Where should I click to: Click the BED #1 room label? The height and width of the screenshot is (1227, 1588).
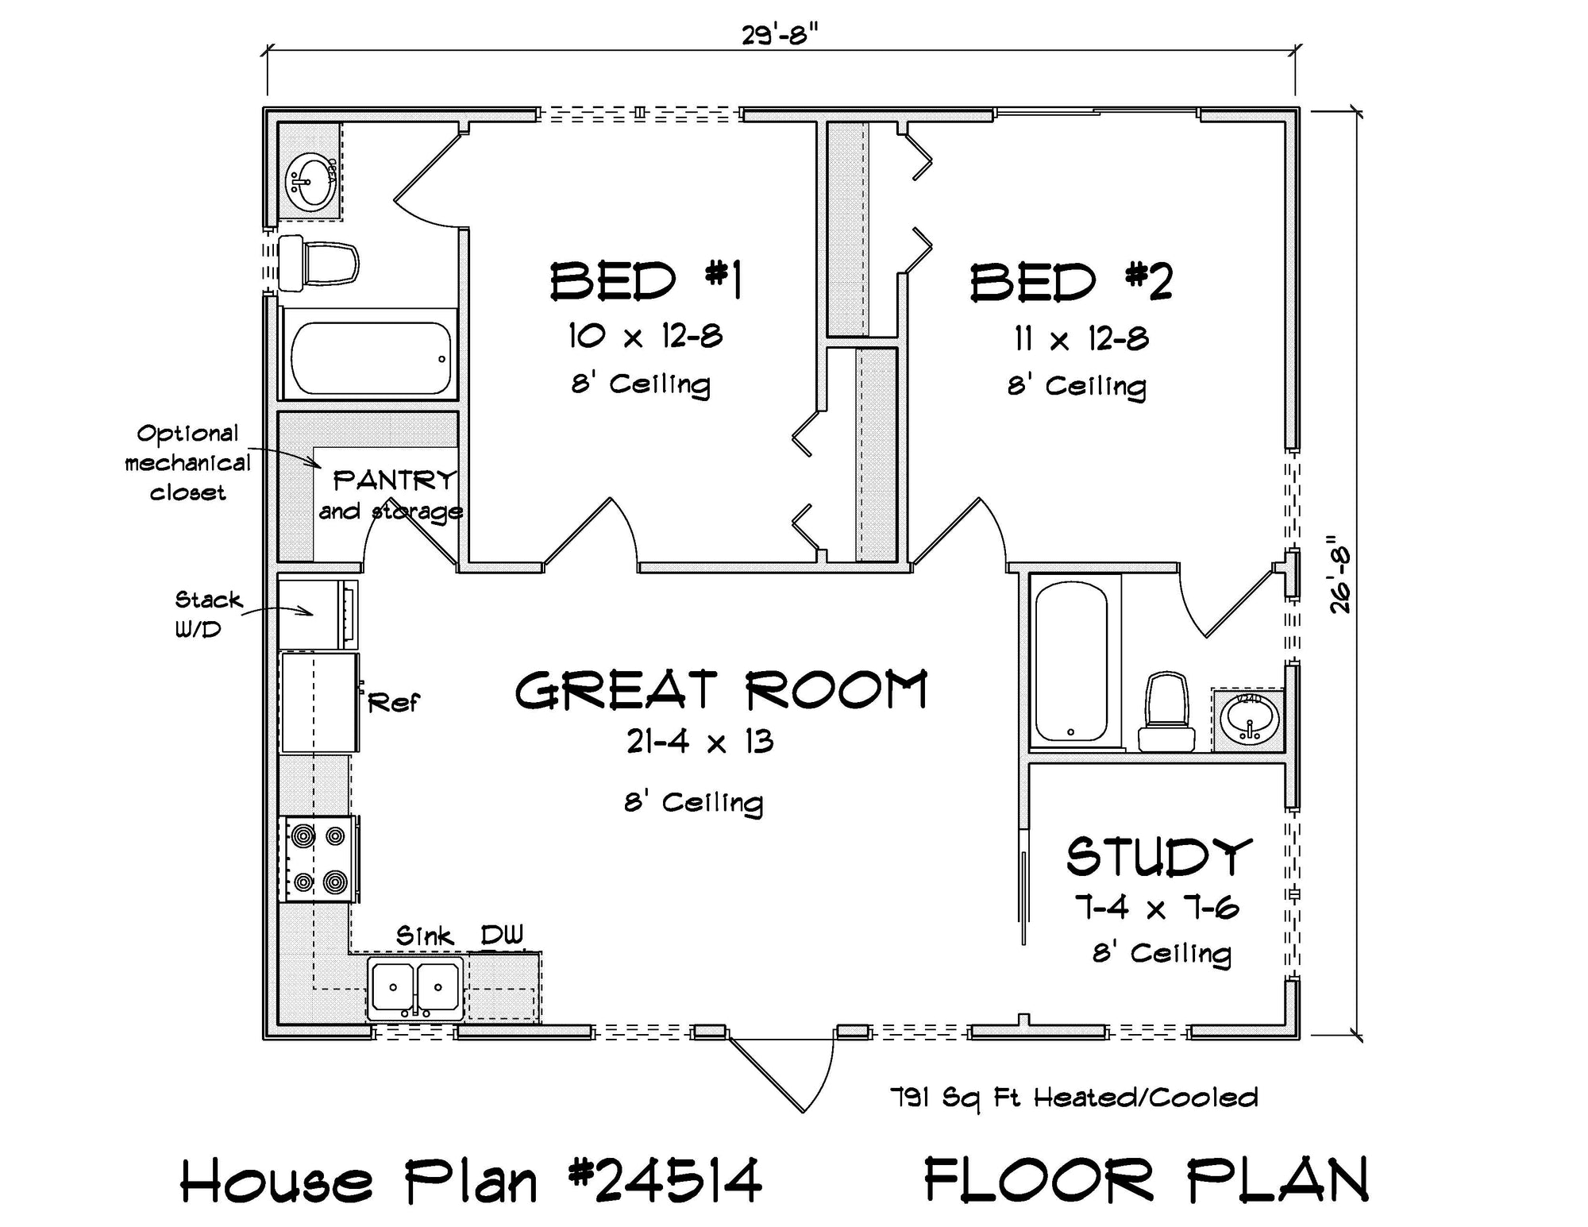tap(646, 281)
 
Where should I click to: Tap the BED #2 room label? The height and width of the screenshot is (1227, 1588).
tap(1071, 282)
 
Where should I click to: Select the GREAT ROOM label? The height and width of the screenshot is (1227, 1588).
tap(721, 689)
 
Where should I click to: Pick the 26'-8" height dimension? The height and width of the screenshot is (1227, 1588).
tap(1341, 573)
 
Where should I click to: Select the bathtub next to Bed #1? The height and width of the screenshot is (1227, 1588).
tap(370, 357)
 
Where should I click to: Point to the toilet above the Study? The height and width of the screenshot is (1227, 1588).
tap(1166, 712)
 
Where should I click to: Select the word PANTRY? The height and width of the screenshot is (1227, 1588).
tap(395, 480)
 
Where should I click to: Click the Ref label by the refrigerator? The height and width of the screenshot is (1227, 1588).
tap(393, 702)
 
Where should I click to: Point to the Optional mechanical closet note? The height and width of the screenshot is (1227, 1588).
tap(187, 463)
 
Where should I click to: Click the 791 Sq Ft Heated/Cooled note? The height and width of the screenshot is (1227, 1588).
tap(1073, 1098)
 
